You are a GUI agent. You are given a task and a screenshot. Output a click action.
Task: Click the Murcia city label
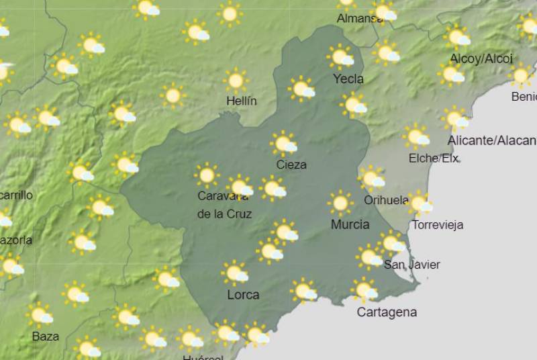[x=350, y=224]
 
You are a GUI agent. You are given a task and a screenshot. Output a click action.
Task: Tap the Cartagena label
[x=387, y=312]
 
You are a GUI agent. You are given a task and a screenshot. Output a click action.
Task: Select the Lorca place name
[x=243, y=295]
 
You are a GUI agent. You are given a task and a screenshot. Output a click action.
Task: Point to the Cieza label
[x=291, y=165]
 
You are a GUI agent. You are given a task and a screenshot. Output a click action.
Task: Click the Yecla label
[x=348, y=79]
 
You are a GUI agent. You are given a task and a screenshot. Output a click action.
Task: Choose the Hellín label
[x=241, y=101]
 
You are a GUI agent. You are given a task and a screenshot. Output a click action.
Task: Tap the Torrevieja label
[x=438, y=225]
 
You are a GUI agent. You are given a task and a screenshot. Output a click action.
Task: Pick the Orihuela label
[x=386, y=200]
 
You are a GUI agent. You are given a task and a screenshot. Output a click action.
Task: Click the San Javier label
[x=412, y=265]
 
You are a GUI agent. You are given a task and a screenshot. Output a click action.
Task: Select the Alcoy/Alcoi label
[x=481, y=59]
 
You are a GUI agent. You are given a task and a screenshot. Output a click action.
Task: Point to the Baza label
[x=46, y=336]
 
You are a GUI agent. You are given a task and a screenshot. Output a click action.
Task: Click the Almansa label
[x=359, y=19]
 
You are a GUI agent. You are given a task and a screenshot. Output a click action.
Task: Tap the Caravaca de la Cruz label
[x=224, y=205]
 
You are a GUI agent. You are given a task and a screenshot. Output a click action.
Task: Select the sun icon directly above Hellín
[x=236, y=81]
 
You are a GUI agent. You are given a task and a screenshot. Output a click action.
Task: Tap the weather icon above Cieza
[x=285, y=144]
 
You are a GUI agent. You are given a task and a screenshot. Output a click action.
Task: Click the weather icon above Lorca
[x=236, y=273]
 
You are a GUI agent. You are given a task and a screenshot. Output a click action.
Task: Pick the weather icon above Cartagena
[x=365, y=290]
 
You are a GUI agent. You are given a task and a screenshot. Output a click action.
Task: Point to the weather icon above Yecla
[x=342, y=57]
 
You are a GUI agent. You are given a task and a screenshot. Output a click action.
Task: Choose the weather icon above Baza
[x=40, y=314]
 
